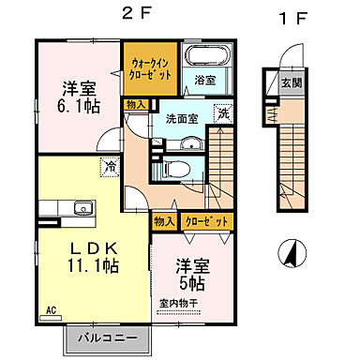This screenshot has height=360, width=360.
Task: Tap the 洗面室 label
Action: [x=180, y=120]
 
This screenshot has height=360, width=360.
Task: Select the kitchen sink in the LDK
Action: [x=76, y=206]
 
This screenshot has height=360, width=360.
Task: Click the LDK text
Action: [x=94, y=247]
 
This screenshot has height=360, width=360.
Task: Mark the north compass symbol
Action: [x=291, y=251]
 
